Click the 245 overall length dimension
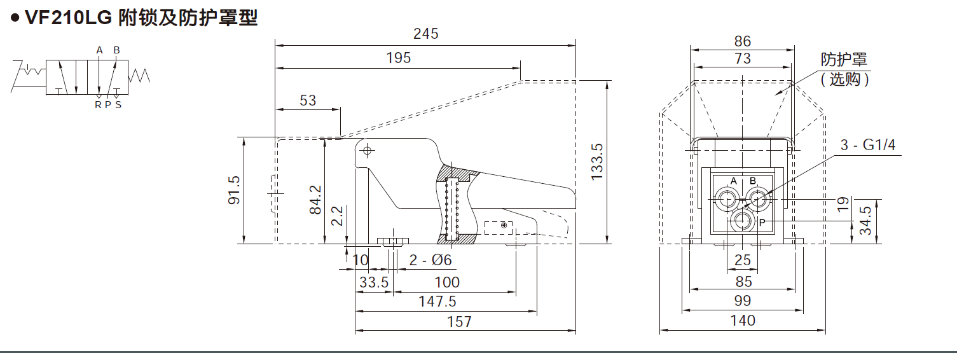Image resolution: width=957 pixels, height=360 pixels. [425, 34]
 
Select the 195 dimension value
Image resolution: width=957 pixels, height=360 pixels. [399, 58]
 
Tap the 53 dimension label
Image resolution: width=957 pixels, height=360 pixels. [308, 100]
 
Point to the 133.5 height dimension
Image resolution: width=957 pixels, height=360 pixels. [596, 162]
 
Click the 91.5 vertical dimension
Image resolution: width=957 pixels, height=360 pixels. [234, 190]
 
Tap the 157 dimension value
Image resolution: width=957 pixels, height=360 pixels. [459, 321]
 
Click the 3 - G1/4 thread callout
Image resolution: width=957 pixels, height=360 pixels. [867, 145]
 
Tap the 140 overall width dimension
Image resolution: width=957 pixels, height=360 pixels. [742, 320]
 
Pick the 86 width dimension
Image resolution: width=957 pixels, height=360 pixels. [742, 41]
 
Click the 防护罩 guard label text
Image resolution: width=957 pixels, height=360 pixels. [844, 60]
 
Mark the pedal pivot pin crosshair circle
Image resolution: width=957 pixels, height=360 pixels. [367, 151]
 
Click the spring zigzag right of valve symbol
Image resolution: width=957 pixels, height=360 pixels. [139, 76]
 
